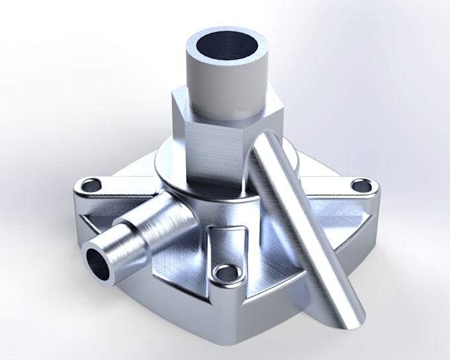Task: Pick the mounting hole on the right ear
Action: coord(361,186)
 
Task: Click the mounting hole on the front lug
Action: coord(227,272)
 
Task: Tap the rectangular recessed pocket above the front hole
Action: coord(228,242)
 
